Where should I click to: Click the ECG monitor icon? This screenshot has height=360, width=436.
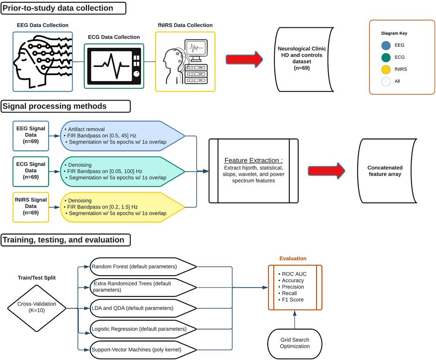pyautogui.click(x=114, y=66)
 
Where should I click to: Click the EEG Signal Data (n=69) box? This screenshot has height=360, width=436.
pyautogui.click(x=31, y=135)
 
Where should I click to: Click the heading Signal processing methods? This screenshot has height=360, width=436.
pyautogui.click(x=55, y=106)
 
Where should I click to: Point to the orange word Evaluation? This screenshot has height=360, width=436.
pyautogui.click(x=293, y=259)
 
